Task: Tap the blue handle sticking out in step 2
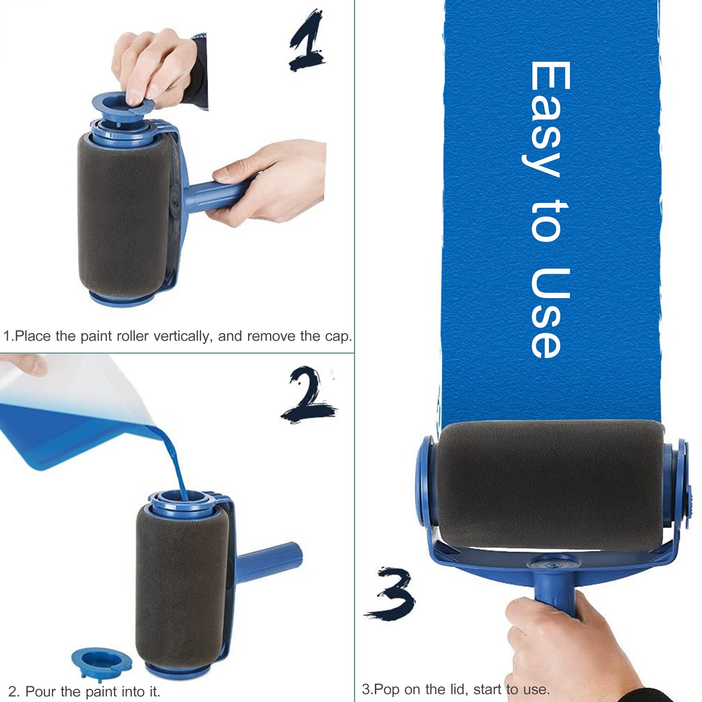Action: click(x=269, y=559)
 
